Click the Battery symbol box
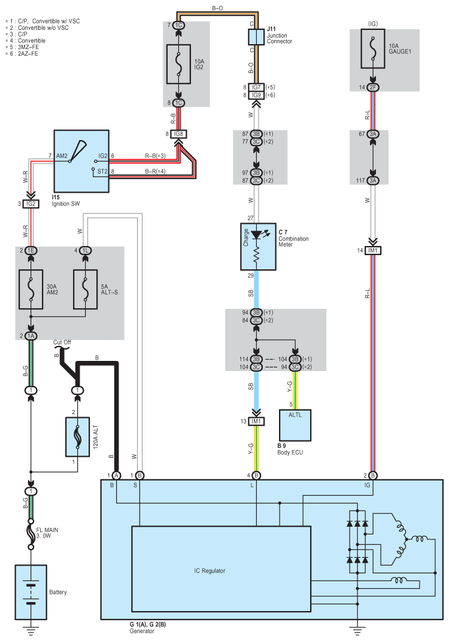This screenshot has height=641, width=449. coord(31,592)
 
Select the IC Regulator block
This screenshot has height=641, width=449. coord(221,569)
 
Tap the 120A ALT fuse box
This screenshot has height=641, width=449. coord(77,436)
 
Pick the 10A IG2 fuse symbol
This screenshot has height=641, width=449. coord(178,64)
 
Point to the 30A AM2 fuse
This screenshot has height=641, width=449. coord(31,290)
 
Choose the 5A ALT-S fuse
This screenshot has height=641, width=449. coord(86,290)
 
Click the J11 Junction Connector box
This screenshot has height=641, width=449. coord(256,37)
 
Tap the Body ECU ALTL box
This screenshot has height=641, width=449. coord(295,425)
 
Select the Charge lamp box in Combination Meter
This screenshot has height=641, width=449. coord(257,247)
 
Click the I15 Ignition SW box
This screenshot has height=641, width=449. coord(81,161)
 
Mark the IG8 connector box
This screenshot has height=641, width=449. coord(178,134)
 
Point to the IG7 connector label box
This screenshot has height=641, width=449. coord(256,87)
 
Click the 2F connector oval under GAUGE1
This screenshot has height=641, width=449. coord(372,87)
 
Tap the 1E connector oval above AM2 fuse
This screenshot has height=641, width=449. coord(31,251)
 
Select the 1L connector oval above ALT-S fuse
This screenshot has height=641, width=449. coord(86,251)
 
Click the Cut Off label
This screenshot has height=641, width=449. coord(62,342)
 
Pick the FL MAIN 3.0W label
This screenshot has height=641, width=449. coord(47,533)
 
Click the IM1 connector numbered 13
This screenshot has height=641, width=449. coord(256,421)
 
